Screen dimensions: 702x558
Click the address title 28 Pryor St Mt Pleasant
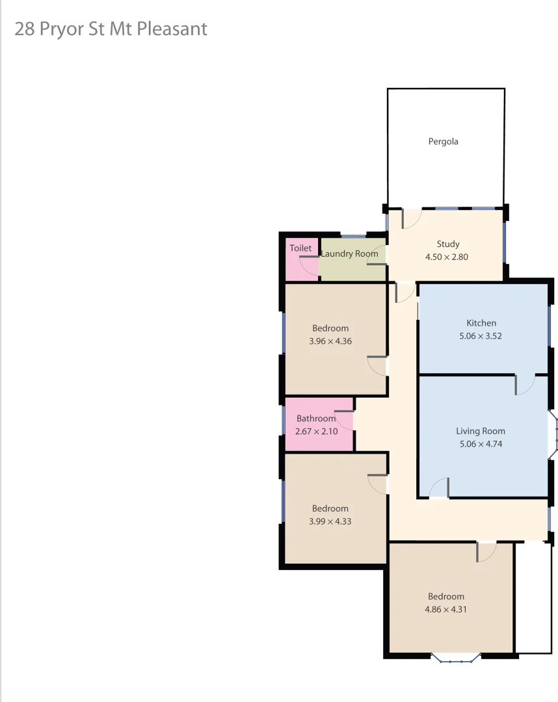[x=111, y=29]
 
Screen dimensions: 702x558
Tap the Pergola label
[x=443, y=141]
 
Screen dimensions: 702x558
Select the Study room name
[x=447, y=244]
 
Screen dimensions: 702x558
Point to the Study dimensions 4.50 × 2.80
[x=446, y=257]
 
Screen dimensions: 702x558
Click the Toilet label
[x=300, y=248]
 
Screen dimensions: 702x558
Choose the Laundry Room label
[x=349, y=253]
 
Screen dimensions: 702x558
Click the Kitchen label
[x=481, y=323]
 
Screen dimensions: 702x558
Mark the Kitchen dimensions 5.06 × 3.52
[x=481, y=336]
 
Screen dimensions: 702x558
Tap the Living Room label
[x=480, y=431]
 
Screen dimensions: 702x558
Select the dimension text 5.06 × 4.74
[x=480, y=445]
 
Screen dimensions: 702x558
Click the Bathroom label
[x=315, y=419]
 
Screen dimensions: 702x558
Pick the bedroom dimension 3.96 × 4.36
[x=330, y=341]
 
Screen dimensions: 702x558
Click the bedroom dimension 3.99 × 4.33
[x=330, y=521]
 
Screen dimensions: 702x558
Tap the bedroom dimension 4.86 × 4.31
[x=446, y=610]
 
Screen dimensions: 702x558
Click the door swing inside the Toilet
[x=309, y=266]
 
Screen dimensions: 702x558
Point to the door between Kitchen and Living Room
[x=525, y=385]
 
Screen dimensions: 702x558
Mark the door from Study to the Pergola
[x=412, y=218]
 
